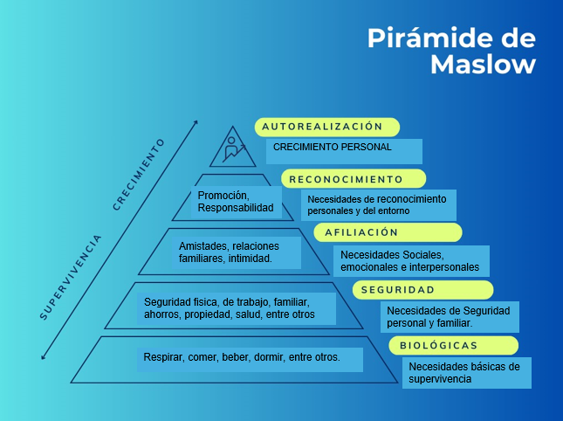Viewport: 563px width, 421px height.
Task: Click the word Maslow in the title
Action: (x=483, y=64)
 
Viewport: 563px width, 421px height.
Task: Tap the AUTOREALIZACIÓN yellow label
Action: (x=327, y=127)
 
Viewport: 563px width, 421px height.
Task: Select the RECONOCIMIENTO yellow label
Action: (x=354, y=179)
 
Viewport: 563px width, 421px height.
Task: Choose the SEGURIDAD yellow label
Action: (x=422, y=290)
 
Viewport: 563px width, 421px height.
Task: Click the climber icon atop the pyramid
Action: (x=232, y=147)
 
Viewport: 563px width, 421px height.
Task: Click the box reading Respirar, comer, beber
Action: (x=250, y=358)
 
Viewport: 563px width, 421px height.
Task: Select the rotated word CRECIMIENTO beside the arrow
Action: (x=139, y=174)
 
